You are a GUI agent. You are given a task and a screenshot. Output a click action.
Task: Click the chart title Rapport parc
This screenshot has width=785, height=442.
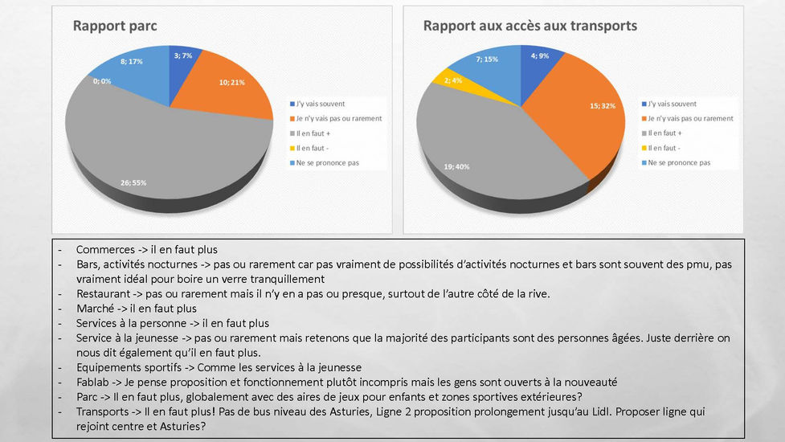[x=115, y=26]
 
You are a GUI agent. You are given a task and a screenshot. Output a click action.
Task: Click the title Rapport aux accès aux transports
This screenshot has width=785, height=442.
[x=530, y=26]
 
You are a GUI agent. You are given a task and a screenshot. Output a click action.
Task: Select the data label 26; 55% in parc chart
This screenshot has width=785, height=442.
[x=134, y=182]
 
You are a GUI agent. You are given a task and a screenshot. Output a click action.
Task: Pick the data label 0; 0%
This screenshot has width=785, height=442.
[x=102, y=81]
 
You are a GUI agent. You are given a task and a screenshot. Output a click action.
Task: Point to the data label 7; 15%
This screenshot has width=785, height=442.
[x=486, y=58]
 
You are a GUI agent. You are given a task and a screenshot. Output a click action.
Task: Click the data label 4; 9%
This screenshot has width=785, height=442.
[x=540, y=55]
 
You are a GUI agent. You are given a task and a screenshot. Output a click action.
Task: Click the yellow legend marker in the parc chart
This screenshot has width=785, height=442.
[x=292, y=148]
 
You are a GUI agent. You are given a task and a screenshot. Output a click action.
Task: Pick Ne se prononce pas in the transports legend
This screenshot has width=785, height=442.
[x=680, y=162]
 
